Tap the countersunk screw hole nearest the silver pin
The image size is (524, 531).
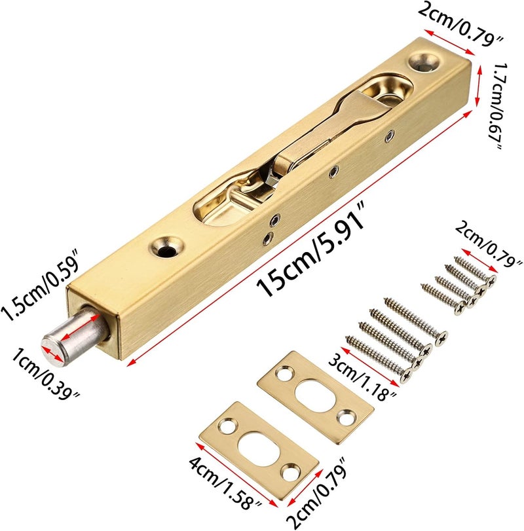pyautogui.click(x=166, y=246)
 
